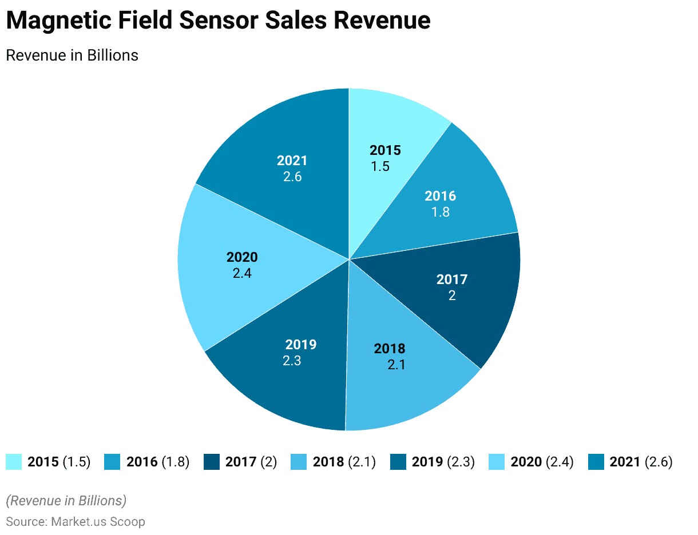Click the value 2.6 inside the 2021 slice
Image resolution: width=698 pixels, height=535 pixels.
point(292,177)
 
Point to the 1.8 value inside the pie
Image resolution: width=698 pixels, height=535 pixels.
point(441,212)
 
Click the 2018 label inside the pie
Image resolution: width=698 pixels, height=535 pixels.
point(389,349)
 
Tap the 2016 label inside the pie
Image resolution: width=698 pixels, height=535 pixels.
point(440,196)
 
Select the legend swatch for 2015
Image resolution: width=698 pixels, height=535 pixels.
point(14,462)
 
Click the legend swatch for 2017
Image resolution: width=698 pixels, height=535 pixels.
point(212,462)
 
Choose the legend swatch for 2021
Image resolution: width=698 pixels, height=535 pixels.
point(596,462)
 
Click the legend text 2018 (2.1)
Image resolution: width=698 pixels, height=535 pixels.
point(344,462)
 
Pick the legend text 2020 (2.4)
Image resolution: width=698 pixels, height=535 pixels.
point(542,462)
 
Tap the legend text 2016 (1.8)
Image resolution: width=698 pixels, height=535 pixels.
point(157,462)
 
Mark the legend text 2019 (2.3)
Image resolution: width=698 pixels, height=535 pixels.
point(443,462)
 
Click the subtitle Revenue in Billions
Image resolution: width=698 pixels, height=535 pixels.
point(72,55)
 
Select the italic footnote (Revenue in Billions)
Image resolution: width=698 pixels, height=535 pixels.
point(66,501)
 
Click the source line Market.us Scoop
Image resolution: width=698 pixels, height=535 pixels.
point(76,521)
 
